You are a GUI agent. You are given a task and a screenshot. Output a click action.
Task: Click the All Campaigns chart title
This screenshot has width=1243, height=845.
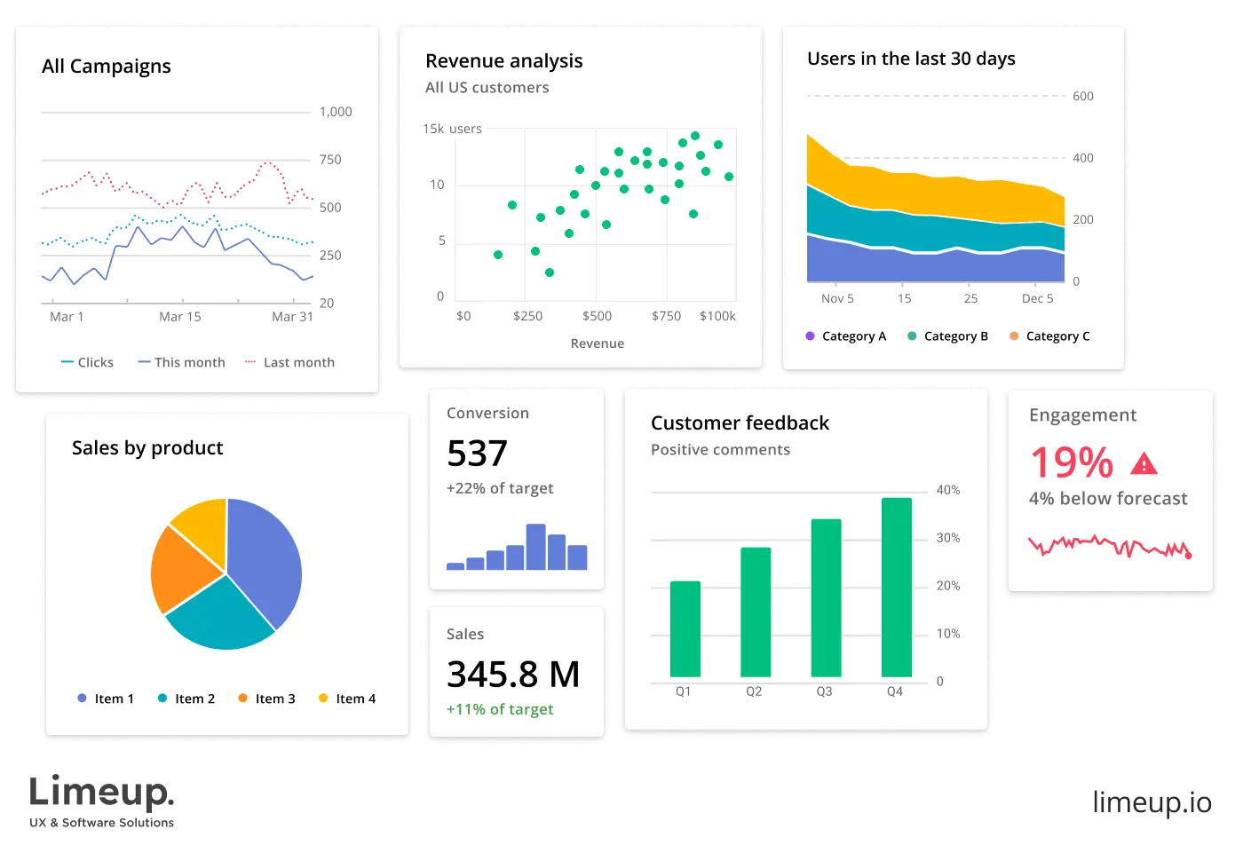(107, 67)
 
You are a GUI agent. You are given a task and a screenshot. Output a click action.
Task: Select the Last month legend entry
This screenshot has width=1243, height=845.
(290, 362)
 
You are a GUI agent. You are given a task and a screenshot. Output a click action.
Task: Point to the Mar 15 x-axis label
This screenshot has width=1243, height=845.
(180, 317)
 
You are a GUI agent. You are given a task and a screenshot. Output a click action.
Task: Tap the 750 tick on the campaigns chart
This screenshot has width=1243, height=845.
(329, 160)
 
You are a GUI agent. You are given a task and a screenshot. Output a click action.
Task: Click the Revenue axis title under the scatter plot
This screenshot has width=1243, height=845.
(597, 344)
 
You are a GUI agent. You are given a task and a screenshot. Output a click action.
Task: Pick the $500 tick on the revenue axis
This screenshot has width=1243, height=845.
(597, 316)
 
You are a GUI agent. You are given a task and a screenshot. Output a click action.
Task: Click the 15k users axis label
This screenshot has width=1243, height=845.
(452, 129)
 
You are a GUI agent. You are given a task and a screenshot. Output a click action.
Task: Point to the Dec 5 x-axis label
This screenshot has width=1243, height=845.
(1037, 298)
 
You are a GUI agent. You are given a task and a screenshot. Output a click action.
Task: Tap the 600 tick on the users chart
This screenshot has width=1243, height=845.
(1082, 96)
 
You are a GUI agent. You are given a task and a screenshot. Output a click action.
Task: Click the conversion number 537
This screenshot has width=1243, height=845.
(477, 454)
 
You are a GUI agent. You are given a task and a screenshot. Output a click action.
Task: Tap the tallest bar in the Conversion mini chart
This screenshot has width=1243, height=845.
(535, 547)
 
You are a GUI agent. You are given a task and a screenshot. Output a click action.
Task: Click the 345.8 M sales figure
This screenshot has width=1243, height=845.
(513, 675)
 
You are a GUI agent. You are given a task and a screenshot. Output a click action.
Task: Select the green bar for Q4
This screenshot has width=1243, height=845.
(897, 588)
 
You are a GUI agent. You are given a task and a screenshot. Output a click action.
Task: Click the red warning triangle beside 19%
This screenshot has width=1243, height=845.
(1144, 463)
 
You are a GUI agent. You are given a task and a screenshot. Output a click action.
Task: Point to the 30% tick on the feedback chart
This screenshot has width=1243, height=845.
(947, 538)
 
